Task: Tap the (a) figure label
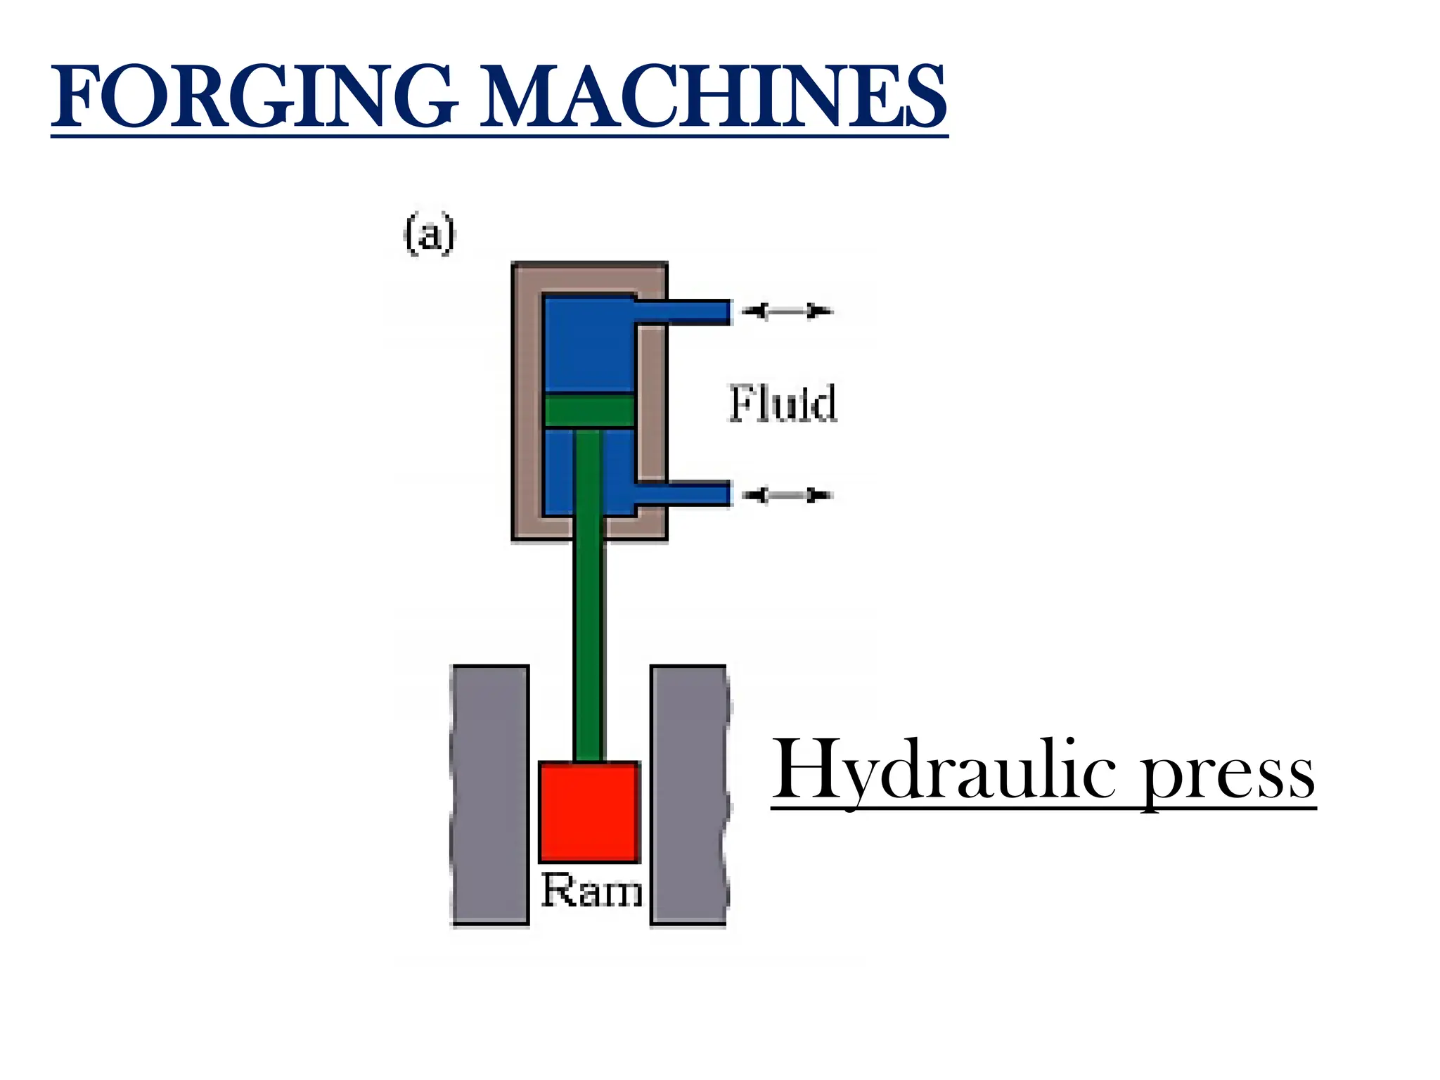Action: (x=430, y=234)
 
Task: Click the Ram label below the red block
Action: (x=592, y=891)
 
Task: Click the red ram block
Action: (x=589, y=811)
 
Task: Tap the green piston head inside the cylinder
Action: (x=589, y=410)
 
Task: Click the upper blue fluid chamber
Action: (x=589, y=342)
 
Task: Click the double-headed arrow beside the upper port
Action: (x=787, y=311)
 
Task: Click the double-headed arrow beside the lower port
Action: (x=787, y=496)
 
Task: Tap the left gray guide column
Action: (x=490, y=794)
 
